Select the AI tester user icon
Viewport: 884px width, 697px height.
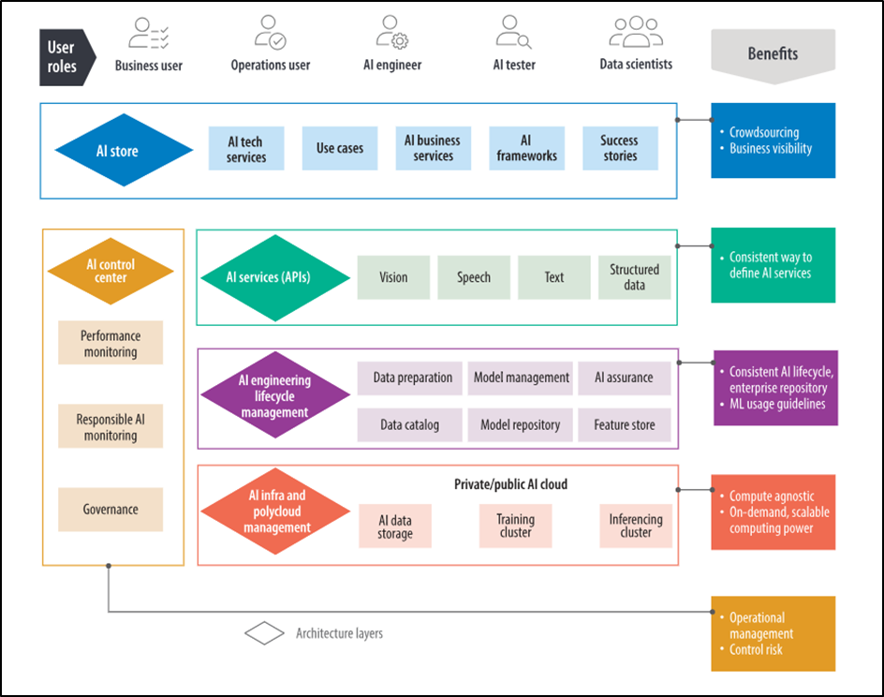pos(513,34)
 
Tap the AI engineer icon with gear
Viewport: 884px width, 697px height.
pos(391,33)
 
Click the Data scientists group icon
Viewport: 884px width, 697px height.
pos(636,32)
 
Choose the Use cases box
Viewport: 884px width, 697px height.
pos(340,149)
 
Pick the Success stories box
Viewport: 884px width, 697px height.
pos(620,149)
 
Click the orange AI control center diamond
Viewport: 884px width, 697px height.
pos(110,272)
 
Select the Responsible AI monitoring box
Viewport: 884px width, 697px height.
pos(110,427)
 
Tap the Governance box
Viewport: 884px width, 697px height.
pos(110,510)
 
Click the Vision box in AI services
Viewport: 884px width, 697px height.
pos(393,277)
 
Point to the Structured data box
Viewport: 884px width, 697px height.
pos(634,277)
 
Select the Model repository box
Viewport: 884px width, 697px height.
pos(521,424)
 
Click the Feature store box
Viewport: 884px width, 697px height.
pos(625,424)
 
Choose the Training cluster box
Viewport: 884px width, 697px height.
pos(515,526)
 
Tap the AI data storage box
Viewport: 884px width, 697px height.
pos(395,526)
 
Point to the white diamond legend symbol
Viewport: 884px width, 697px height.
pos(264,633)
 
